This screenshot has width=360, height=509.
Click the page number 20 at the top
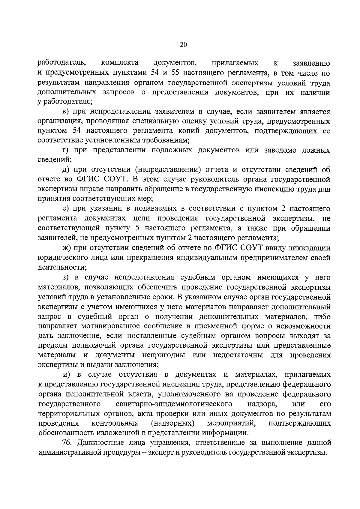[x=183, y=45]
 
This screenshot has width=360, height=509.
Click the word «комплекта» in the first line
[x=120, y=63]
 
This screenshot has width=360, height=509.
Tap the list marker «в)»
[x=66, y=112]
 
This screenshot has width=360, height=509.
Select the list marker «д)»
[x=66, y=170]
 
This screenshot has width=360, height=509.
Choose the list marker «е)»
[x=66, y=209]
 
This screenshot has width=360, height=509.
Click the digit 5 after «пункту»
[x=137, y=228]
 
